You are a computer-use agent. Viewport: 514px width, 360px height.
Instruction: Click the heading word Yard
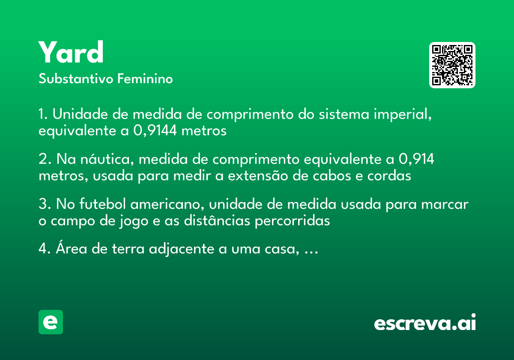[71, 52]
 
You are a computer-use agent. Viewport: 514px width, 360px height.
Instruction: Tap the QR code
[452, 65]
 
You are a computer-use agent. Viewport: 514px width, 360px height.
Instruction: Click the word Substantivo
[76, 78]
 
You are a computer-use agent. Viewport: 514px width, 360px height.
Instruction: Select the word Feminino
[145, 78]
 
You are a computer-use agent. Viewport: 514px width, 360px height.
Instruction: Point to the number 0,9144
[155, 131]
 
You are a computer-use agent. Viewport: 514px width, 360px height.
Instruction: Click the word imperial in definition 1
[403, 114]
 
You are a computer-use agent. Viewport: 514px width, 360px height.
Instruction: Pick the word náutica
[107, 159]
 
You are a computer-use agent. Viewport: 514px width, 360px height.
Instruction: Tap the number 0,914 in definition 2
[416, 159]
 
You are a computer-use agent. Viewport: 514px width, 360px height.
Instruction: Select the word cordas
[389, 176]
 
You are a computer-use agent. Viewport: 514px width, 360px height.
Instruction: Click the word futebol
[102, 204]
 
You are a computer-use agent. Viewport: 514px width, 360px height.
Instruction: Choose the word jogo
[134, 222]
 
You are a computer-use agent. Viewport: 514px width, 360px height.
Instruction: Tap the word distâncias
[217, 221]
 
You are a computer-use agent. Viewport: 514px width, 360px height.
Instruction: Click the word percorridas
[292, 221]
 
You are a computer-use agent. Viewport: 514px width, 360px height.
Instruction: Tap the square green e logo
[51, 322]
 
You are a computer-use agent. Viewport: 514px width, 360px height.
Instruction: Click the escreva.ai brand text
[425, 322]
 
